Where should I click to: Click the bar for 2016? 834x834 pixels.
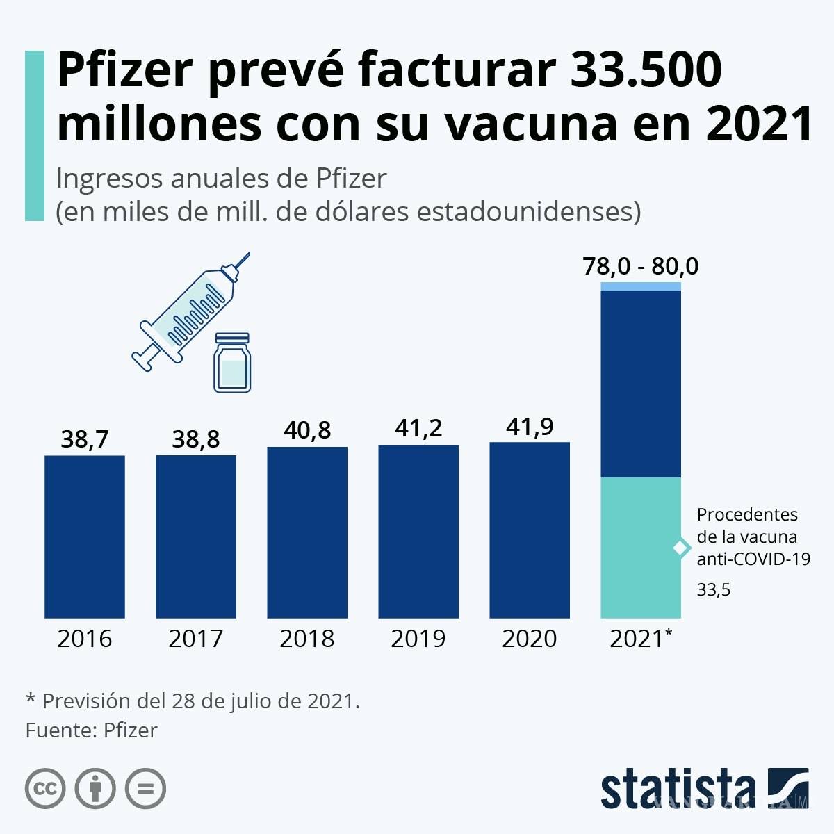[85, 537]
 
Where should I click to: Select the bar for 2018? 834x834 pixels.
[307, 532]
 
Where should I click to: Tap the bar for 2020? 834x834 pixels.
[530, 530]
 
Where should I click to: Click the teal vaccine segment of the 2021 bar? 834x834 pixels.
[641, 548]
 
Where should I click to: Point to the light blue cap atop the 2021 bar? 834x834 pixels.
[641, 286]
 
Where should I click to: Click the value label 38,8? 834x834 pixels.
[195, 439]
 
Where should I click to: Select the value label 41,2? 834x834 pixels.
[418, 428]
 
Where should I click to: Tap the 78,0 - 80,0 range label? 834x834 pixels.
[641, 266]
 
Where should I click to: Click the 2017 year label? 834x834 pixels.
[195, 639]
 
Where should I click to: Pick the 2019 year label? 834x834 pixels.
[418, 639]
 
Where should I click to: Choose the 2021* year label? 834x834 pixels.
[641, 639]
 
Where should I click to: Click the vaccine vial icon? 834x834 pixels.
[232, 362]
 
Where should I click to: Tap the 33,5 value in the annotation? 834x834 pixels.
[714, 590]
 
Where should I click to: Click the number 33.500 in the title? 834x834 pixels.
[646, 71]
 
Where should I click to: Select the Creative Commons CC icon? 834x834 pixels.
[46, 789]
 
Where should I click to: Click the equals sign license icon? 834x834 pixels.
[145, 789]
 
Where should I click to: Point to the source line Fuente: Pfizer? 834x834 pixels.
[92, 730]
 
